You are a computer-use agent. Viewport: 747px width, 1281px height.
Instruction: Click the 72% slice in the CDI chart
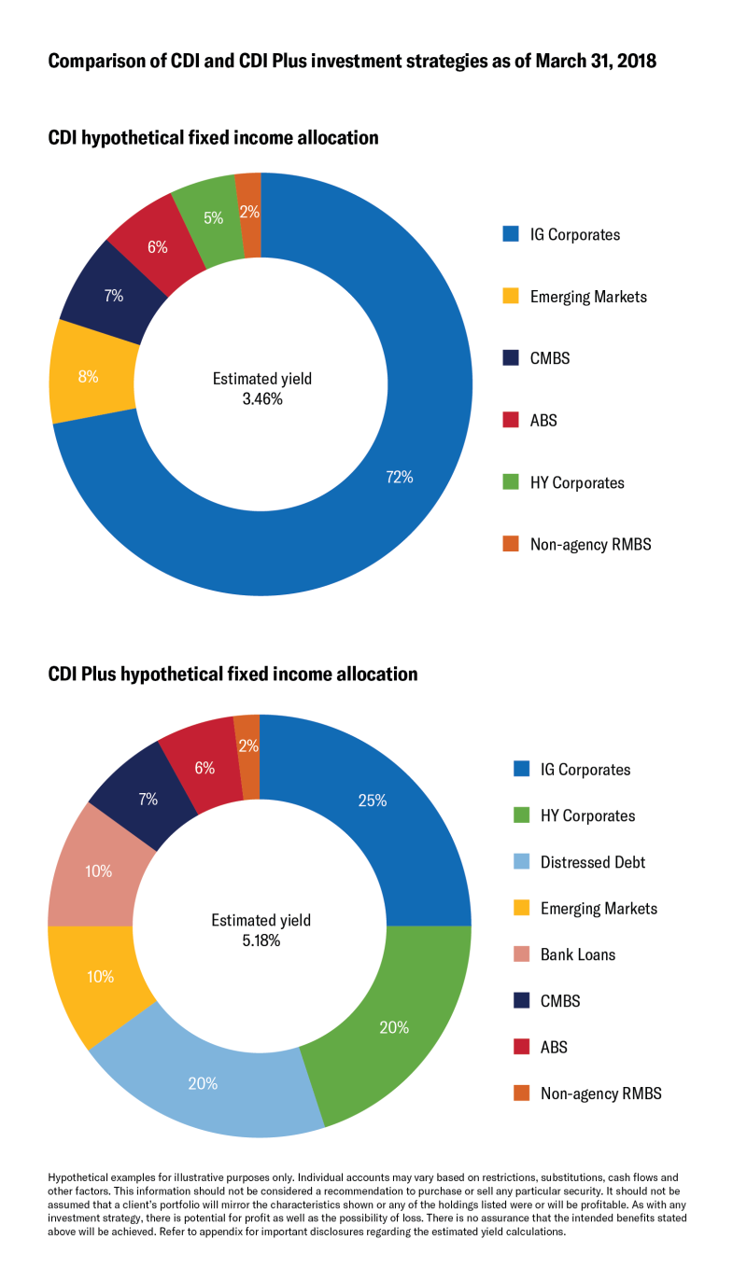pyautogui.click(x=400, y=478)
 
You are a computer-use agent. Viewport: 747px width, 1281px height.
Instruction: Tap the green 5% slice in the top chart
pyautogui.click(x=213, y=217)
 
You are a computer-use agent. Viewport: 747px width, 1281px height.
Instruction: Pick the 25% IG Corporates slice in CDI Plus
pyautogui.click(x=373, y=800)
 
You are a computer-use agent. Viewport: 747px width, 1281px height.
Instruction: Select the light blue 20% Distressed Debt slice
pyautogui.click(x=203, y=1083)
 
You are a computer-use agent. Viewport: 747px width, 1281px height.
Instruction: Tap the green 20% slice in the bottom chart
pyautogui.click(x=394, y=1027)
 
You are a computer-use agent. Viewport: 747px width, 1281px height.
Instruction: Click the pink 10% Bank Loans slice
pyautogui.click(x=98, y=870)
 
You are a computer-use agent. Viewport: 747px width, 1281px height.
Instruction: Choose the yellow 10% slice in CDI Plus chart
pyautogui.click(x=100, y=977)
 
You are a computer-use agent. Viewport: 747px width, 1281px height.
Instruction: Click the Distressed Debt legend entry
pyautogui.click(x=592, y=862)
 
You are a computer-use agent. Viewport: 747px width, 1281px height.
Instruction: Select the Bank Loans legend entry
pyautogui.click(x=577, y=954)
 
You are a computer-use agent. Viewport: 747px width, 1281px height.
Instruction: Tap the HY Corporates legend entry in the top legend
pyautogui.click(x=576, y=482)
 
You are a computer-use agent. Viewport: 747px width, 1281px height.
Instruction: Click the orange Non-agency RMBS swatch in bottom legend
pyautogui.click(x=522, y=1093)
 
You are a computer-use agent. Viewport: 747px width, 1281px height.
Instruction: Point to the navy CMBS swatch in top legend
pyautogui.click(x=510, y=358)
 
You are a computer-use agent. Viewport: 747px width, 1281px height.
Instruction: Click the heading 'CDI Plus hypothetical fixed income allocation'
pyautogui.click(x=233, y=674)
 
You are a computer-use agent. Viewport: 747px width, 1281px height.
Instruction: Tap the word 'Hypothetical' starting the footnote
pyautogui.click(x=78, y=1177)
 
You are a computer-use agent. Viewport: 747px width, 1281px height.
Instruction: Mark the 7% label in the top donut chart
pyautogui.click(x=114, y=297)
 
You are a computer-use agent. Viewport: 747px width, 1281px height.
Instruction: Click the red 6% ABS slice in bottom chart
pyautogui.click(x=205, y=768)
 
